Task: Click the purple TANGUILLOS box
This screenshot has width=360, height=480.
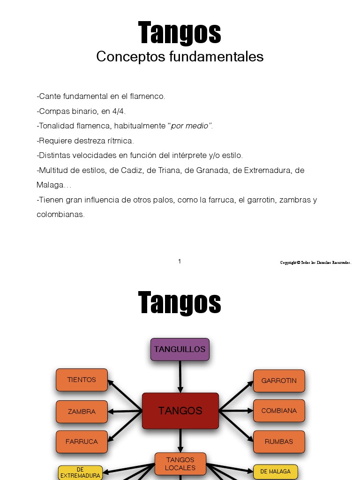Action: [x=180, y=349]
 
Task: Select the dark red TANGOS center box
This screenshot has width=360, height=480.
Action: [x=180, y=411]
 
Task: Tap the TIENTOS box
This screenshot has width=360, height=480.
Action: [x=82, y=380]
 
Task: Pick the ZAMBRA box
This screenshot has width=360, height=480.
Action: [x=82, y=412]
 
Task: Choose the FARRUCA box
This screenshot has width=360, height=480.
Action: [x=82, y=442]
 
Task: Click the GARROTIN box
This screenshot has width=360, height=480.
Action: [x=279, y=381]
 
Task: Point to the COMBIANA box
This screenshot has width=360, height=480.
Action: [x=279, y=411]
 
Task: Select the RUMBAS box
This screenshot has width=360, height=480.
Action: [x=279, y=442]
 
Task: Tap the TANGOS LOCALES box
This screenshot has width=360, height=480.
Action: [x=180, y=464]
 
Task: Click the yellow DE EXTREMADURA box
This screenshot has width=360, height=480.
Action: [x=80, y=472]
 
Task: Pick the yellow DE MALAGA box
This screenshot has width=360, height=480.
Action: [x=276, y=472]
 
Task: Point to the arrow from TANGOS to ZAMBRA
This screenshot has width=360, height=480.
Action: [x=125, y=412]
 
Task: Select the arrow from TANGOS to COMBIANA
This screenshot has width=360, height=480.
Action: [x=236, y=411]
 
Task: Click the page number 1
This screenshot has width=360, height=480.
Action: [x=180, y=262]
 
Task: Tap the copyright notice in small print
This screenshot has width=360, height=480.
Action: [x=315, y=262]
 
